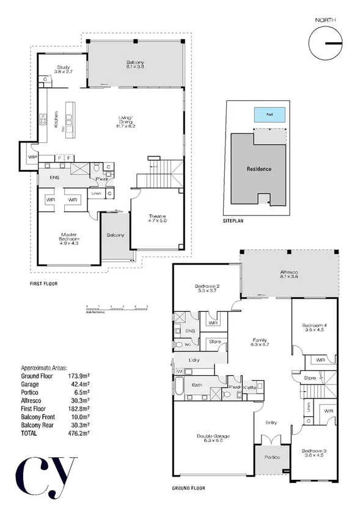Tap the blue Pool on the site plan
coord(270,114)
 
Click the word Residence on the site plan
coord(259,169)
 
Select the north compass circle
coord(325,43)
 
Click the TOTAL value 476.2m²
coord(78,433)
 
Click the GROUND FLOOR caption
coord(188,488)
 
